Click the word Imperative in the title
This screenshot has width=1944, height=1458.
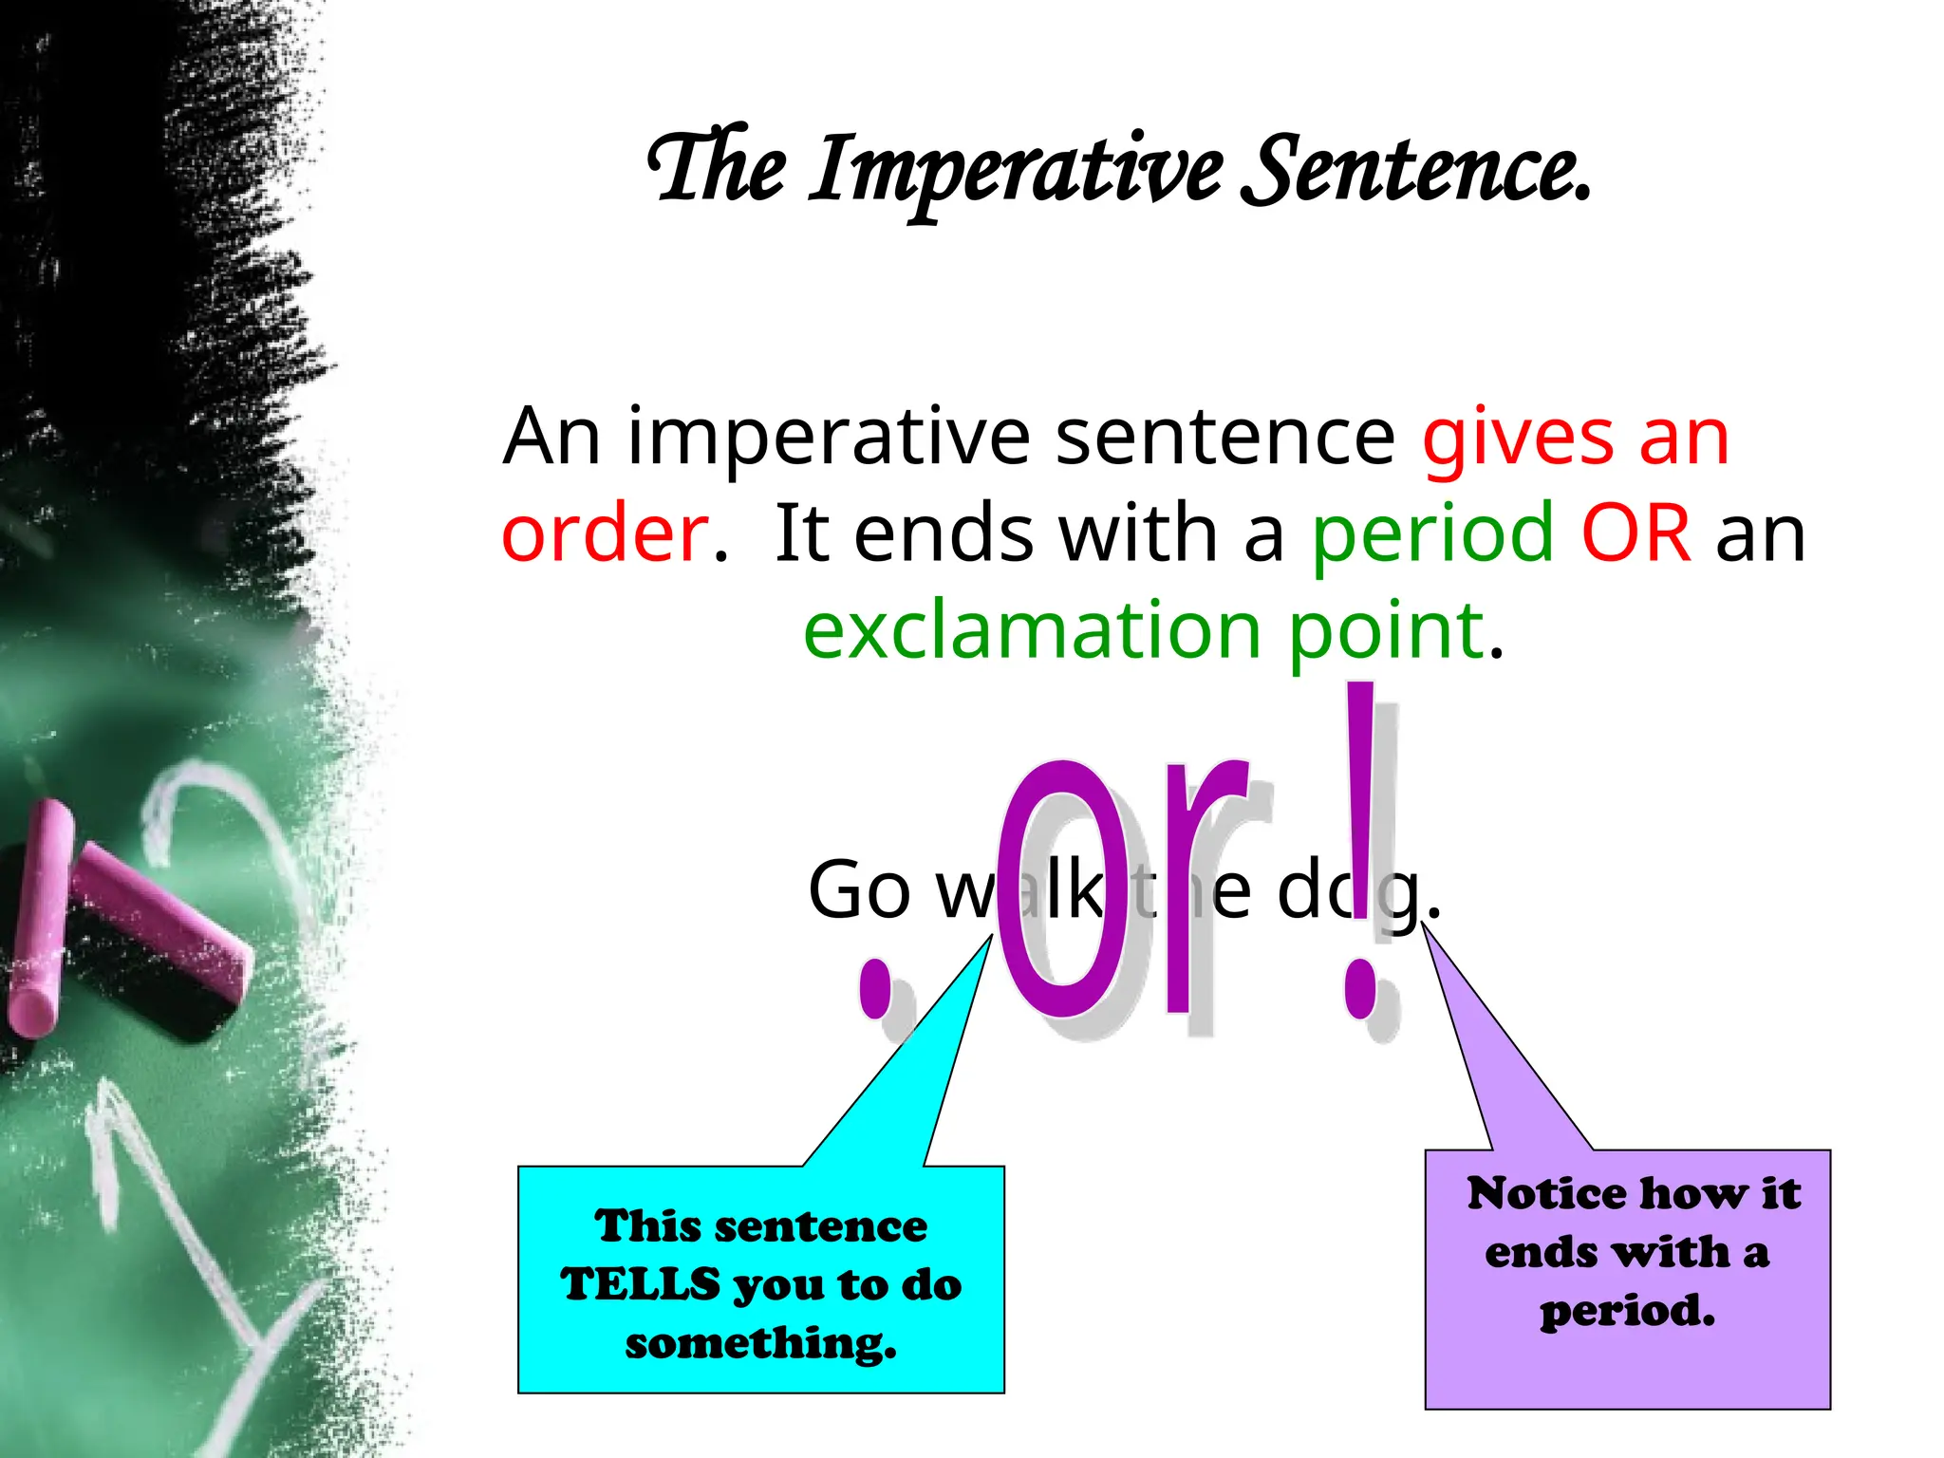[x=1016, y=171]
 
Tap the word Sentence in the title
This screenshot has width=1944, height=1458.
[x=1414, y=171]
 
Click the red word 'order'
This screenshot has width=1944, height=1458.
[x=605, y=533]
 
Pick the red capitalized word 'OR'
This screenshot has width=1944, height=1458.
[x=1636, y=533]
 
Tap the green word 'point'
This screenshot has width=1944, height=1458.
[x=1386, y=632]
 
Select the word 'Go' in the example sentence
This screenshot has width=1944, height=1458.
[x=859, y=890]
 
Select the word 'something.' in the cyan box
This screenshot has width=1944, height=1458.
[x=760, y=1344]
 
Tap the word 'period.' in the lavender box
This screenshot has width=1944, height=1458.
[x=1627, y=1312]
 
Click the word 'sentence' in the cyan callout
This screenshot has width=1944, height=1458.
[x=819, y=1226]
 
